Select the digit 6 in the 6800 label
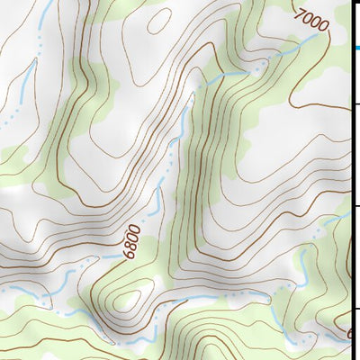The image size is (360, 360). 129,255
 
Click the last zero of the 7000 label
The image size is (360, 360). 325,26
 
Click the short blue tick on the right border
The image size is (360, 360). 355,48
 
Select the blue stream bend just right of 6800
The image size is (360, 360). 155,202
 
